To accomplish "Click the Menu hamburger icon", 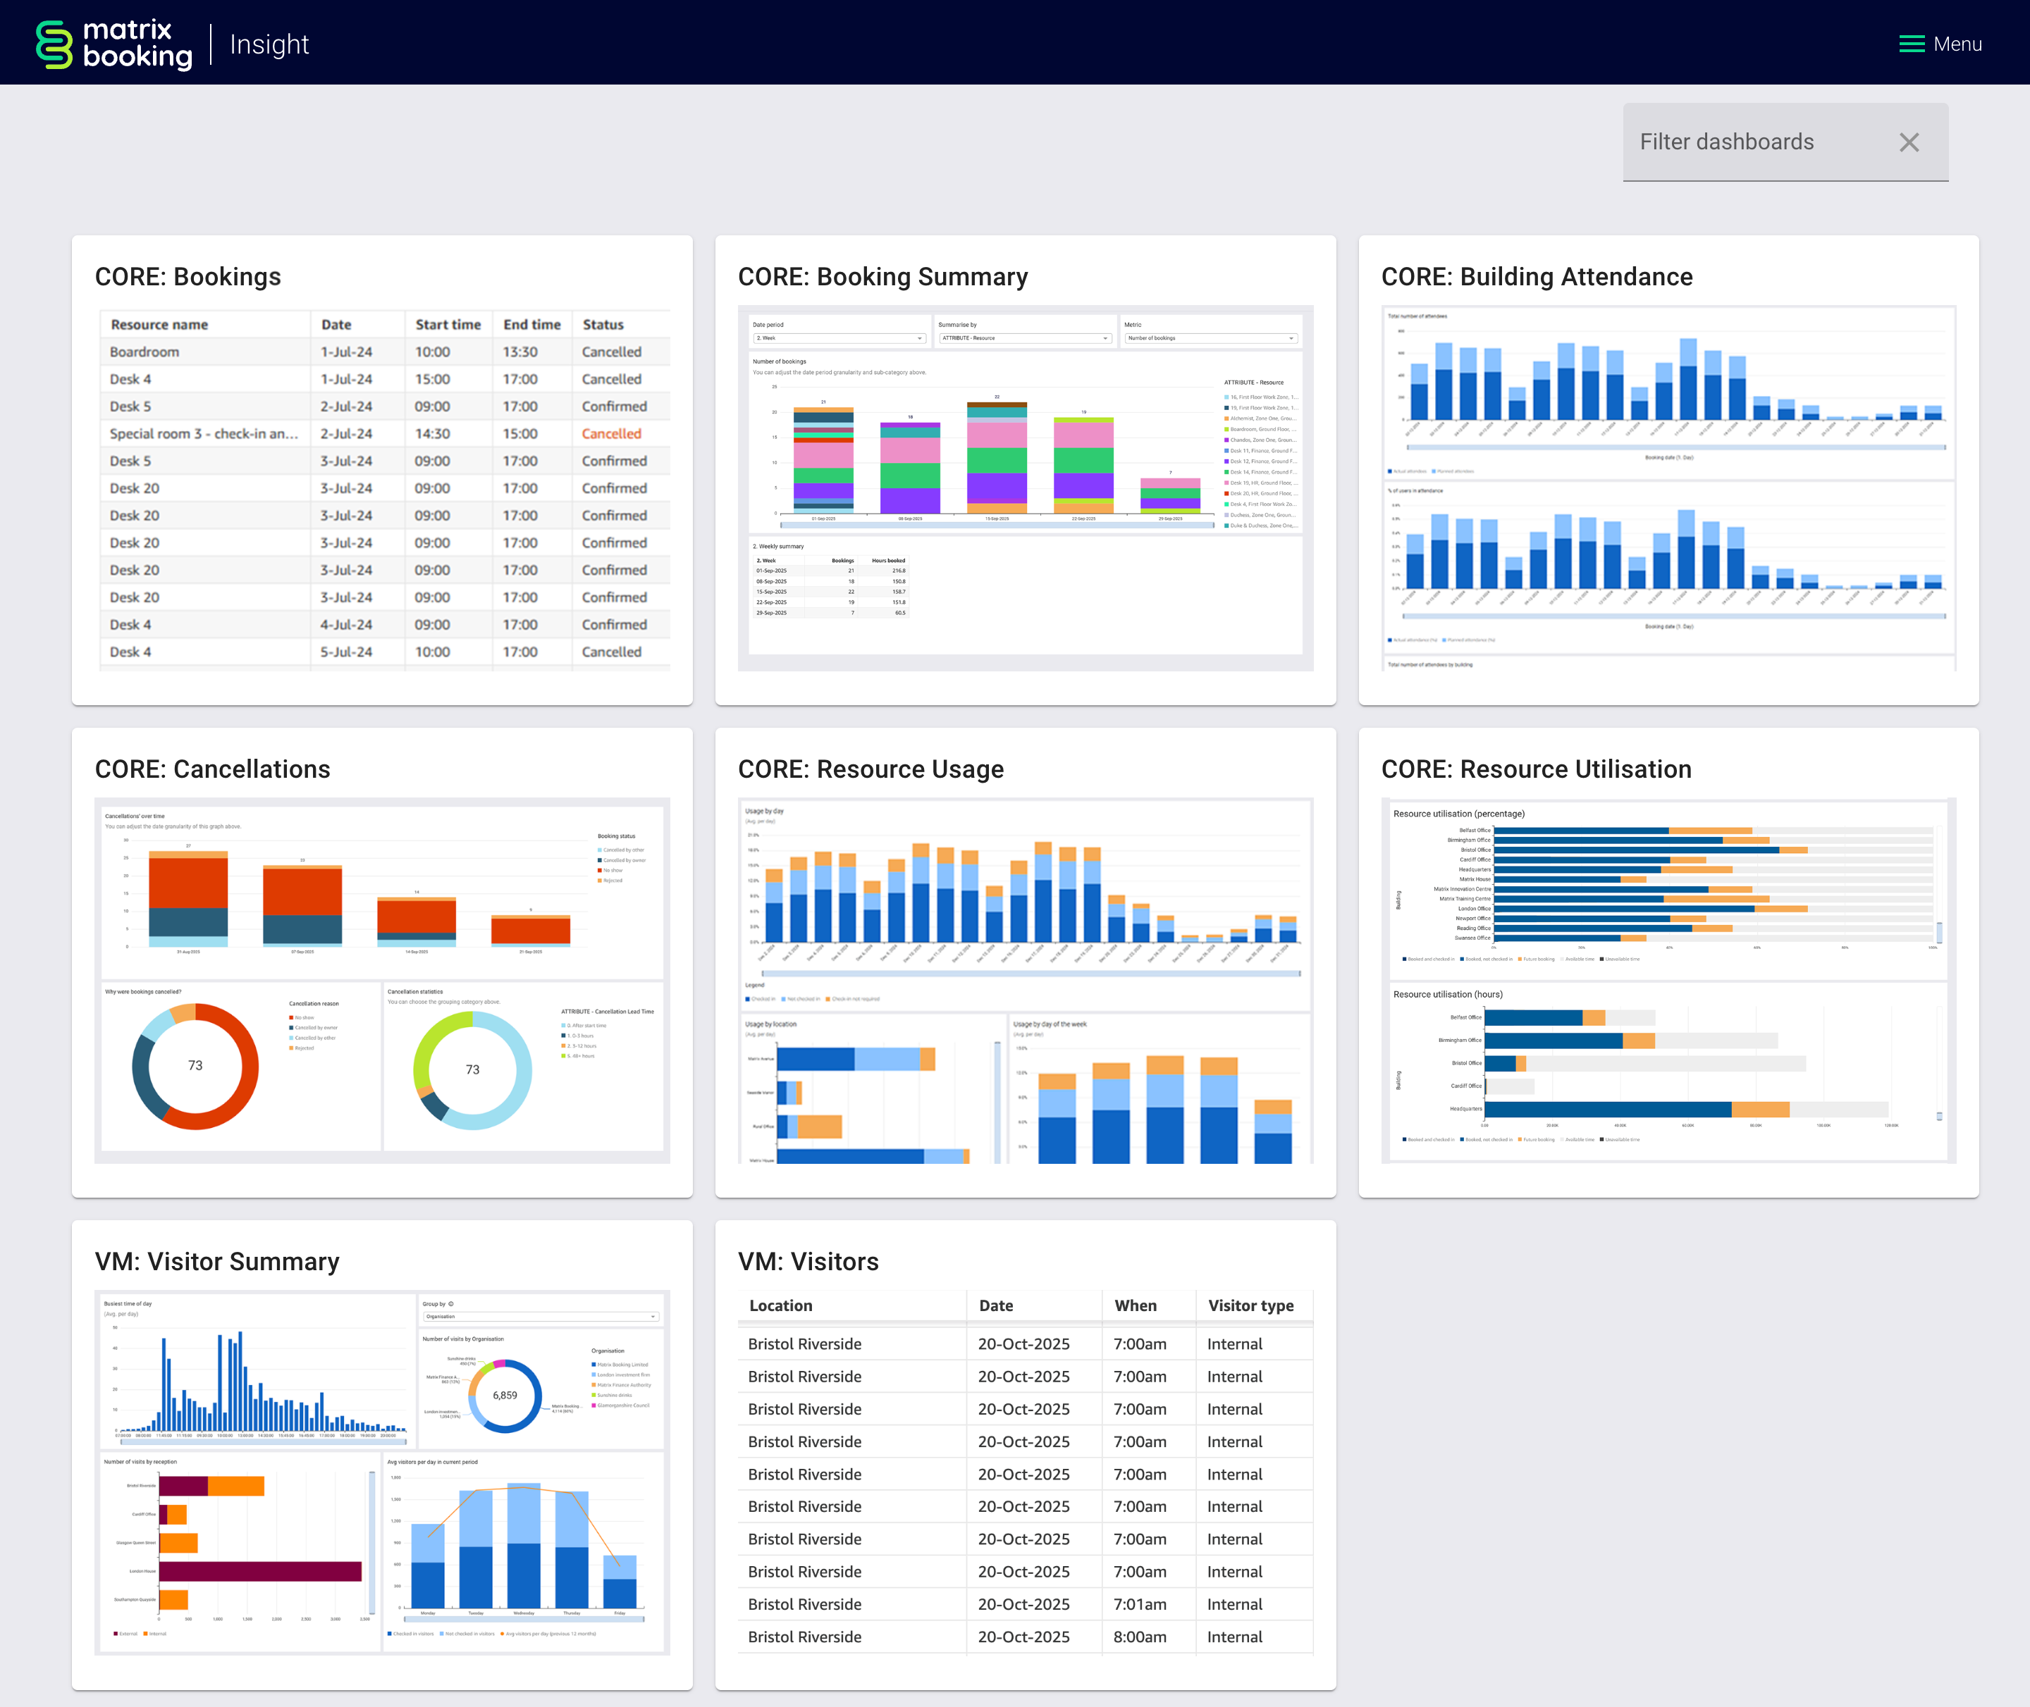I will click(x=1911, y=44).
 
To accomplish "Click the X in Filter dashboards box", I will click(x=1908, y=142).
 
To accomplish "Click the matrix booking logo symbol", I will click(x=54, y=44).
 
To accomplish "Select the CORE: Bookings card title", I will click(x=187, y=277).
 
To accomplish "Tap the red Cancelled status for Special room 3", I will click(x=611, y=433).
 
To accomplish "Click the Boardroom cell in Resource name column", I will click(x=144, y=352).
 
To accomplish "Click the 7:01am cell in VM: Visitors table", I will click(x=1139, y=1603).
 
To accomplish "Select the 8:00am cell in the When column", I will click(x=1139, y=1637).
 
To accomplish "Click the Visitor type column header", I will click(x=1250, y=1305).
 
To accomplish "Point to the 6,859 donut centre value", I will click(x=505, y=1394).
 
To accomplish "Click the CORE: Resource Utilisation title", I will click(x=1535, y=769).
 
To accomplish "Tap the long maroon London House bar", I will click(x=259, y=1570).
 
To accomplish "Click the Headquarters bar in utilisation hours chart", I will click(x=1607, y=1109).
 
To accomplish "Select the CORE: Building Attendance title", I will click(x=1537, y=277).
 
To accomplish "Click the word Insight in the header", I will click(x=269, y=44).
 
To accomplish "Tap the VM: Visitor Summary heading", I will click(x=217, y=1262).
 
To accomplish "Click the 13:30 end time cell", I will click(x=520, y=352).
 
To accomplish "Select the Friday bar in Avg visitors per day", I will click(x=620, y=1587).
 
